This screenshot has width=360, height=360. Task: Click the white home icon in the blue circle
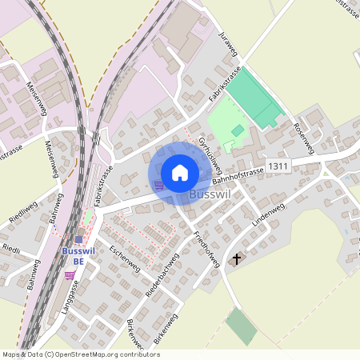[x=179, y=172]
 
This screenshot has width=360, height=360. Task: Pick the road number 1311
[x=278, y=165]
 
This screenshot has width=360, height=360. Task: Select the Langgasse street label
[x=70, y=295]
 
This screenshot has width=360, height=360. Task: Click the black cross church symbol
[x=236, y=259]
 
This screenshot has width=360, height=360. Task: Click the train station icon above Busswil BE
[x=78, y=238]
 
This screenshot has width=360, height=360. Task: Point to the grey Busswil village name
[x=211, y=194]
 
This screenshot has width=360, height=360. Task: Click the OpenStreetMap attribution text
[x=80, y=354]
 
